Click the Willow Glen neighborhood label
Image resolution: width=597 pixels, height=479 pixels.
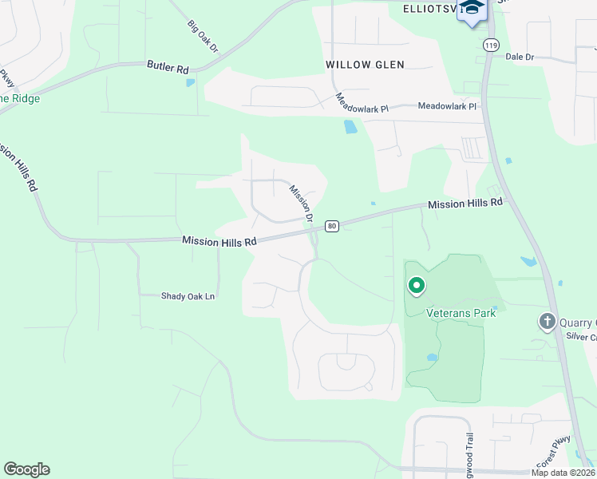coord(365,65)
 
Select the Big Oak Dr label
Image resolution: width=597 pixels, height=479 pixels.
coord(203,37)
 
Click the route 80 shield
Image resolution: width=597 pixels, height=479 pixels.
coord(332,226)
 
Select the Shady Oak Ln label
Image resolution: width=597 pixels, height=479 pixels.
coord(188,296)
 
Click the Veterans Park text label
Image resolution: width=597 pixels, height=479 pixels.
coord(461,312)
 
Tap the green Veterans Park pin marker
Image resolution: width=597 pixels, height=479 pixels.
coord(416,285)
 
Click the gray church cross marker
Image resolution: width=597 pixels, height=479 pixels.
coord(547,322)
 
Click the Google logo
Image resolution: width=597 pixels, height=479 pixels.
coord(26,469)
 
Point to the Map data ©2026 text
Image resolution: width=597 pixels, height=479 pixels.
coord(562,473)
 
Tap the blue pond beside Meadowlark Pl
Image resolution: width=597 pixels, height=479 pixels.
coord(350,126)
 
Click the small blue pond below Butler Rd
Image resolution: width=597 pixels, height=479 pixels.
coord(190,82)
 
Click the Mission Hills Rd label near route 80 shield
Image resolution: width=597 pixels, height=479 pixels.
coord(219,240)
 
